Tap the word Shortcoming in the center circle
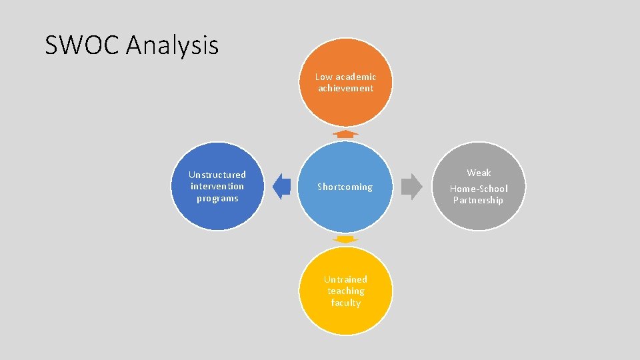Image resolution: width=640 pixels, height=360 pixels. pos(345,187)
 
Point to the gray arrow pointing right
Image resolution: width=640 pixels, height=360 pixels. pos(412,187)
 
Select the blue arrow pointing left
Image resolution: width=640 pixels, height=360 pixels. pos(281,187)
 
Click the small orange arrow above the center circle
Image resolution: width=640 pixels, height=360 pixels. pos(345,134)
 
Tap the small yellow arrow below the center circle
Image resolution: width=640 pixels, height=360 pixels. pos(345,239)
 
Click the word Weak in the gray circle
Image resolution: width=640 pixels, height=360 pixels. pos(479,173)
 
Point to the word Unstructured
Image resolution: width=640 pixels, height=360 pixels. pos(217,175)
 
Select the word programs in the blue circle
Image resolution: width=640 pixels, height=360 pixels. pos(217,199)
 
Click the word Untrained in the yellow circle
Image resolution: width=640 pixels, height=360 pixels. pos(345,279)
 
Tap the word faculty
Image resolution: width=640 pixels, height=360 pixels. pos(345,303)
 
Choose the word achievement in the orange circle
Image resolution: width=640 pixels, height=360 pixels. pos(345,88)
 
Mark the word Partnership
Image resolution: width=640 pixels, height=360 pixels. pos(478,200)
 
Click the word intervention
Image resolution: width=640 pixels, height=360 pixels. pos(217,186)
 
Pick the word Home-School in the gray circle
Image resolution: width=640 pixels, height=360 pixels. pos(479,189)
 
